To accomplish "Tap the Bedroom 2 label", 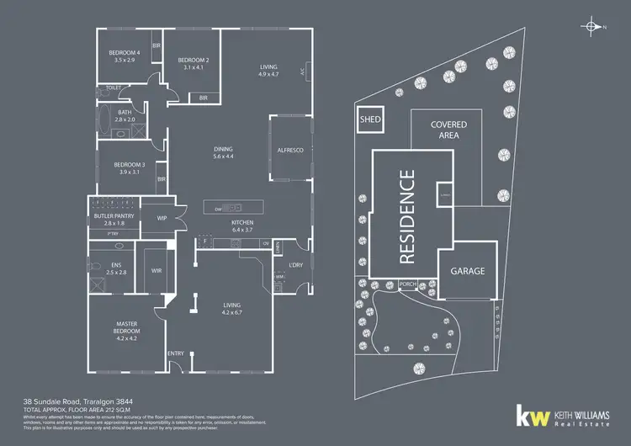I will [193, 63].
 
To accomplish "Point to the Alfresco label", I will [289, 150].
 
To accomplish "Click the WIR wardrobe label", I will [156, 271].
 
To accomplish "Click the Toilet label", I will [113, 88].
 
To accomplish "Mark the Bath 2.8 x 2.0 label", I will [125, 116].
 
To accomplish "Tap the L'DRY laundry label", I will [294, 266].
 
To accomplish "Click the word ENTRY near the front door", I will [176, 353].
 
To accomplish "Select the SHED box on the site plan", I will [370, 120].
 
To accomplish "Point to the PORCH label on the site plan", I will [409, 284].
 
